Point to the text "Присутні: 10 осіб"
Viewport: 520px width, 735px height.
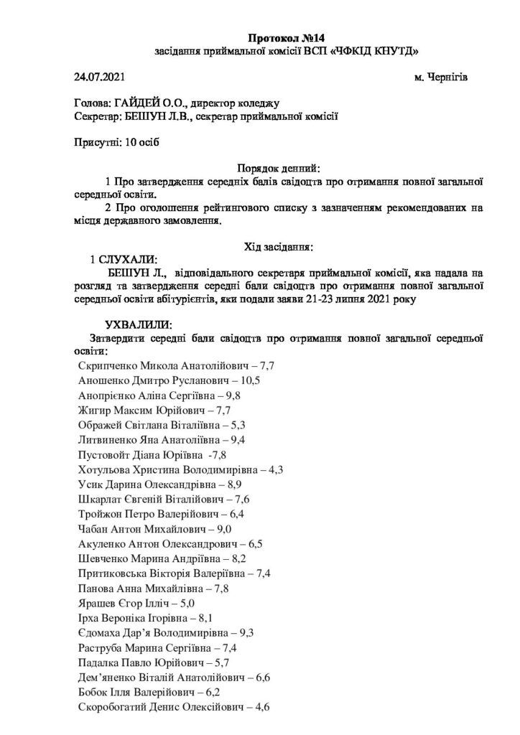116,142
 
